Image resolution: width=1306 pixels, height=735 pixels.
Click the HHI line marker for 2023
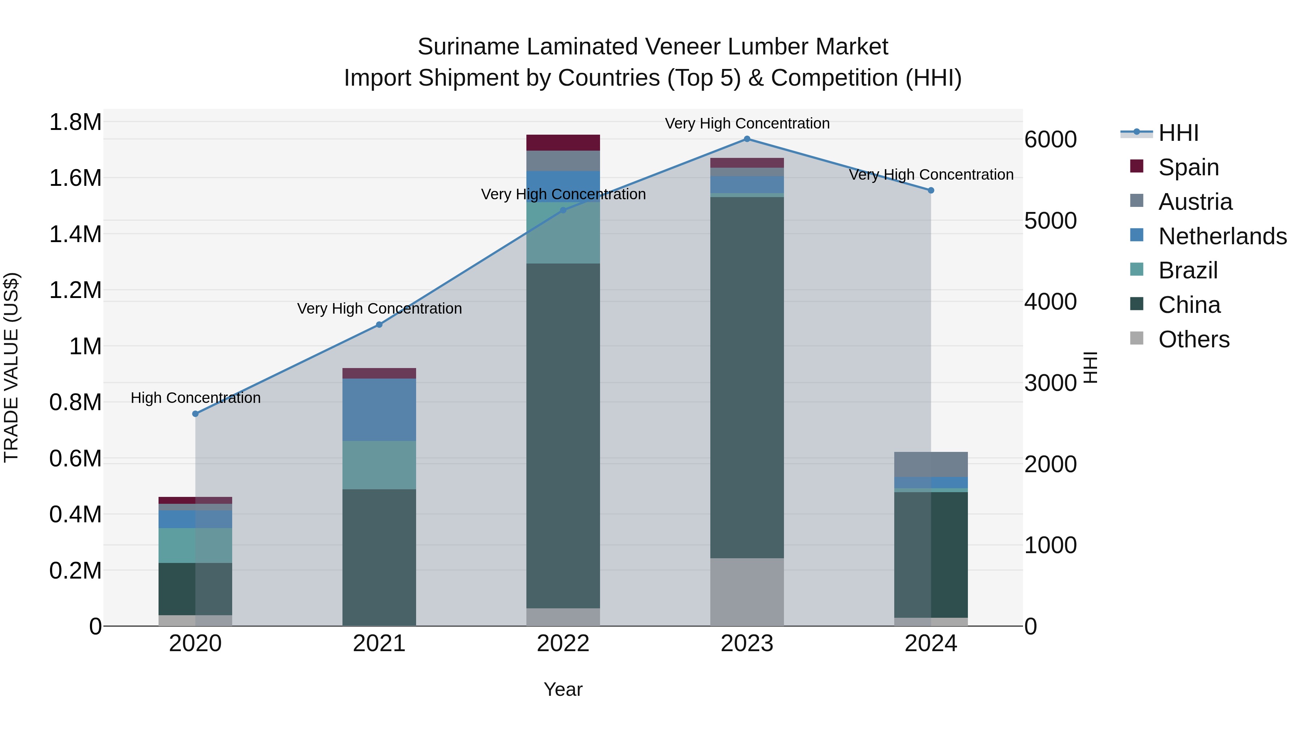pos(747,139)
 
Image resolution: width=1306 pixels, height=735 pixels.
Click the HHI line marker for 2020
pos(195,414)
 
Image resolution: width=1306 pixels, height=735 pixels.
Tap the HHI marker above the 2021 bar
pos(379,324)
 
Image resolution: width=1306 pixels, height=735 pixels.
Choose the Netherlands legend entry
pos(1222,236)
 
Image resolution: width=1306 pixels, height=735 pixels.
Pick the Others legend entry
pos(1194,339)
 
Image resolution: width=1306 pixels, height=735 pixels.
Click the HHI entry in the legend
pos(1178,133)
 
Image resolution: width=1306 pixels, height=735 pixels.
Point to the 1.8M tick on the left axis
pos(75,122)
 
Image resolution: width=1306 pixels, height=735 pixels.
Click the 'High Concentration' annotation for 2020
pos(196,398)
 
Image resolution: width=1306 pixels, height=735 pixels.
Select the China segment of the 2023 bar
pos(747,378)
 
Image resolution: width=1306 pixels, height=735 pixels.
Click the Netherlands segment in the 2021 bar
pos(379,410)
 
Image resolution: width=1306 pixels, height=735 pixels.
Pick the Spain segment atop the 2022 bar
pos(563,143)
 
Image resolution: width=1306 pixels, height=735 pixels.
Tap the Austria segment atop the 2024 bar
pos(931,464)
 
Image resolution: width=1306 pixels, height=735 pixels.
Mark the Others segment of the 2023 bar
pos(747,592)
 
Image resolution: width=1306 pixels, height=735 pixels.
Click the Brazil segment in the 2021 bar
pos(379,465)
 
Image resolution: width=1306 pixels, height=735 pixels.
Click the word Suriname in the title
pos(469,47)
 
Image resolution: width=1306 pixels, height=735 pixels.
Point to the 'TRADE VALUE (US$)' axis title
pos(11,367)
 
